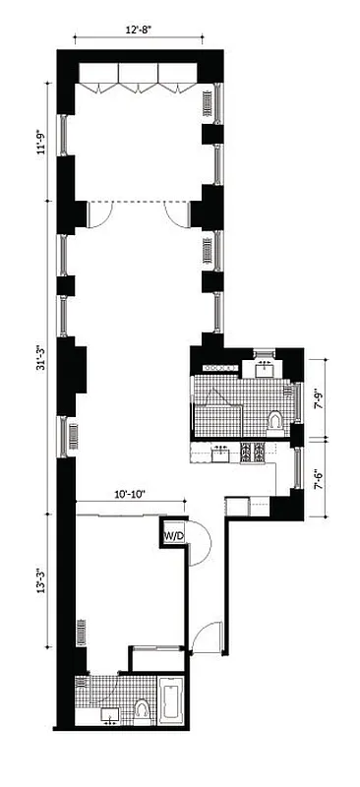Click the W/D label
173,536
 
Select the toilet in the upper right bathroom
276,421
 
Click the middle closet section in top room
140,78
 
